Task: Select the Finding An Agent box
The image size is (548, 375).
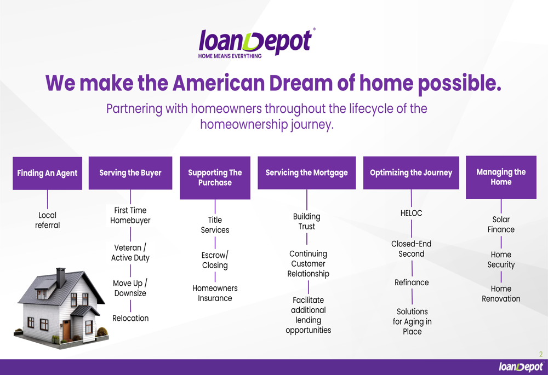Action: pyautogui.click(x=48, y=173)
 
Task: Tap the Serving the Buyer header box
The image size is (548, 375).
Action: pyautogui.click(x=130, y=173)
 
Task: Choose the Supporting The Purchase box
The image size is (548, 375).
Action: pyautogui.click(x=215, y=178)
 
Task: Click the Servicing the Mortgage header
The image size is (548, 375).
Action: pyautogui.click(x=306, y=173)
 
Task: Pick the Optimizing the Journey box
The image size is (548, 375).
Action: pyautogui.click(x=411, y=173)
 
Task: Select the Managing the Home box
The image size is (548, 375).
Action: pyautogui.click(x=501, y=177)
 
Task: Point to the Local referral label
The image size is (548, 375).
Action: pyautogui.click(x=47, y=220)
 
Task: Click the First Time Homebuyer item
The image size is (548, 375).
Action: pyautogui.click(x=130, y=216)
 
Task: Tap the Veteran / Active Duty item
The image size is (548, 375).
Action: pyautogui.click(x=130, y=253)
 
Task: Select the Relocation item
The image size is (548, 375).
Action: pyautogui.click(x=130, y=318)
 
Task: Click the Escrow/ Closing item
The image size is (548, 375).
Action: pyautogui.click(x=215, y=260)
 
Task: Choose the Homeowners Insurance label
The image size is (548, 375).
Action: pyautogui.click(x=215, y=293)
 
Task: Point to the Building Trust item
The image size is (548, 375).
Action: pyautogui.click(x=306, y=221)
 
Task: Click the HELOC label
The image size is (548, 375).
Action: pyautogui.click(x=412, y=213)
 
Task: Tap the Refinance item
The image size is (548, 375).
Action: pyautogui.click(x=412, y=282)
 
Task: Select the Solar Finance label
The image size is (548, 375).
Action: pyautogui.click(x=501, y=224)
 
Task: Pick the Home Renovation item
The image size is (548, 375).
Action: pyautogui.click(x=501, y=293)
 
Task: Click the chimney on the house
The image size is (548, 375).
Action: pyautogui.click(x=61, y=278)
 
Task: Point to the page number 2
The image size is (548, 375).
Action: pyautogui.click(x=541, y=354)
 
